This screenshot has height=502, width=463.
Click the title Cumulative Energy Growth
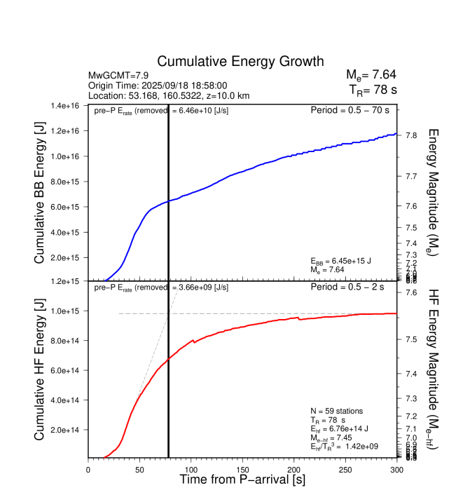pos(240,62)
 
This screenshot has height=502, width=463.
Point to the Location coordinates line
pos(169,95)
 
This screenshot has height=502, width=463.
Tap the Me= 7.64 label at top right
pos(371,75)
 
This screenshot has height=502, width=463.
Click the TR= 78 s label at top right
pos(373,90)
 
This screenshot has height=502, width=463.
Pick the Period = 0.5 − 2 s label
pos(354,287)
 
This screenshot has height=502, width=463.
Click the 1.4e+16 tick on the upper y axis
pos(65,106)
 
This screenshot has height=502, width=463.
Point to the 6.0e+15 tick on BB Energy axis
pos(65,207)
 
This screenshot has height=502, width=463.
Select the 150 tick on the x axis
pos(243,469)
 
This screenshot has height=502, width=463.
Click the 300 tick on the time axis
pos(397,469)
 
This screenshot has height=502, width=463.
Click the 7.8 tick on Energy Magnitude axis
pos(412,135)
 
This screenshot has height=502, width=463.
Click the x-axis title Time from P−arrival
pos(242,480)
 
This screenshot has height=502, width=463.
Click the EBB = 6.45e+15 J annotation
pos(342,261)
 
